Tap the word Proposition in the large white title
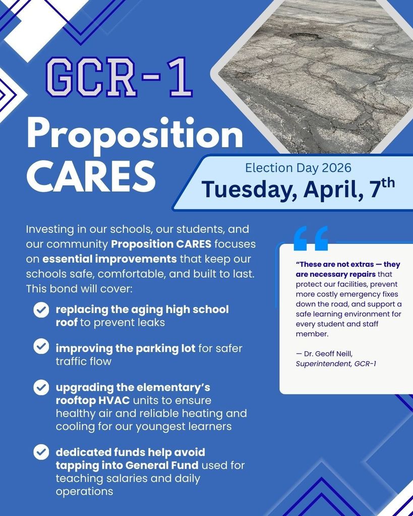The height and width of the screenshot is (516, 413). point(135,135)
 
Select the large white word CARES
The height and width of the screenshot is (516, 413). point(91,175)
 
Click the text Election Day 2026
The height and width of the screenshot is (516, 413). point(298,168)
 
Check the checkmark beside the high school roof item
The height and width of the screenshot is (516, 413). point(41,309)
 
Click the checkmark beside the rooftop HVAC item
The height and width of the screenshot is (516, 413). point(41,388)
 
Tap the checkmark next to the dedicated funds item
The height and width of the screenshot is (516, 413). point(41,452)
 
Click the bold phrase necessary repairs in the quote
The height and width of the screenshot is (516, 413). point(343,274)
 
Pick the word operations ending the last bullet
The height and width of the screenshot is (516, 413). point(84,491)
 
